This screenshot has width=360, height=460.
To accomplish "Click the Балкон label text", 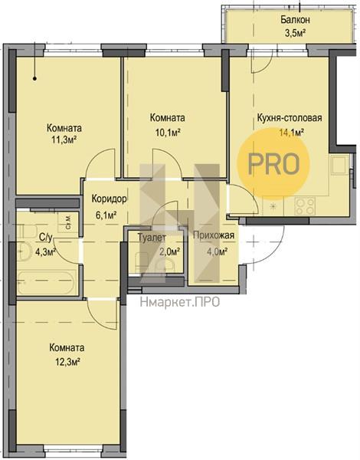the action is (295, 20).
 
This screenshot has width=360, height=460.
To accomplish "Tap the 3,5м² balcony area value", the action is (295, 32).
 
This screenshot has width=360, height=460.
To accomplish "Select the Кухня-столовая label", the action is (290, 117).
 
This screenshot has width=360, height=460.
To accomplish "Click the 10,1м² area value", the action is (168, 133).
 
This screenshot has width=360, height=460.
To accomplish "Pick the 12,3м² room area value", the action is (68, 361).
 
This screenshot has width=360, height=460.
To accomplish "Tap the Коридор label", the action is (110, 199).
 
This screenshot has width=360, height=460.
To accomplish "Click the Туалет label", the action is (152, 237).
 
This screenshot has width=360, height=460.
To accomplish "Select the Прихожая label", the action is (214, 235).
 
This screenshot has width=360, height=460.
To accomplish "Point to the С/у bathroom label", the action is (46, 238).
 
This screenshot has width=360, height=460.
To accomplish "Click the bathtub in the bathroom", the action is (47, 282).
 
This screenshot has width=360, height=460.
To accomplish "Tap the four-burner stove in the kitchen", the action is (305, 206).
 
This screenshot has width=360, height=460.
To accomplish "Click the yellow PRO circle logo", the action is (273, 163).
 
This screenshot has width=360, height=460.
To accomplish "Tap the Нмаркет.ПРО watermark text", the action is (180, 302).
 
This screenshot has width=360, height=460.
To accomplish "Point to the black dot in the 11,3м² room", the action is (34, 78).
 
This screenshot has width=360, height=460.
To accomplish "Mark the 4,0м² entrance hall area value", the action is (218, 251).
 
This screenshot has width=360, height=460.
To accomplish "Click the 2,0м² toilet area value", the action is (169, 251).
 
